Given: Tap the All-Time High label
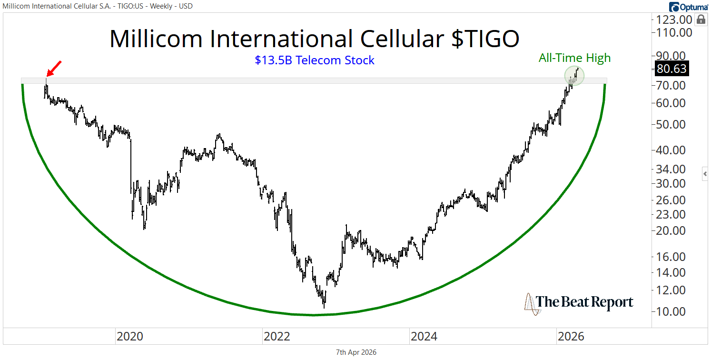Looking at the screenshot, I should click(574, 58).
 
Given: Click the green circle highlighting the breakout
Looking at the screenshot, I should click(574, 76).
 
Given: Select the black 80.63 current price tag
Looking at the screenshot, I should click(671, 69).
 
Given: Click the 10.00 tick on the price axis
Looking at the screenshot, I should click(671, 311).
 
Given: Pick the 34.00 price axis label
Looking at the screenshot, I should click(671, 169).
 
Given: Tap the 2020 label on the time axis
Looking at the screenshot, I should click(129, 337).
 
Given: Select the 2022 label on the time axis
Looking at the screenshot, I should click(277, 337).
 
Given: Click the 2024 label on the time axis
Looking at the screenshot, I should click(424, 337).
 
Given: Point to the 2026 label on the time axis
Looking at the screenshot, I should click(571, 337).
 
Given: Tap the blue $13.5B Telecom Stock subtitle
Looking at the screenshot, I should click(315, 60).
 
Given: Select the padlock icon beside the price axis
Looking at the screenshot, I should click(701, 20).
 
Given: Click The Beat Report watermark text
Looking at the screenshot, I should click(585, 302).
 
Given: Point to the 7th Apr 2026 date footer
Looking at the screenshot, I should click(356, 352).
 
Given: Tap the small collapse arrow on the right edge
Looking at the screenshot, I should click(705, 174).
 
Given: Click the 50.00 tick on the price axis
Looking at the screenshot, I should click(671, 124).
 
